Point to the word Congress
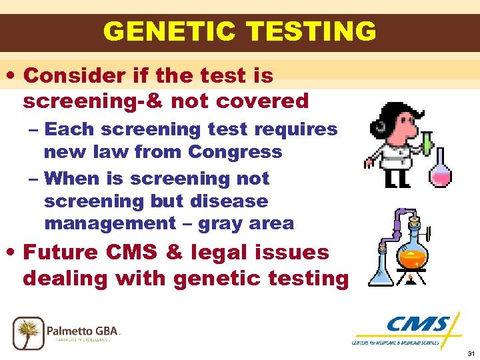click(x=235, y=152)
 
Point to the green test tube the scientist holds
click(x=425, y=141)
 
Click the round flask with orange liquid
click(x=412, y=251)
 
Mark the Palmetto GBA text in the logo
click(x=83, y=329)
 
